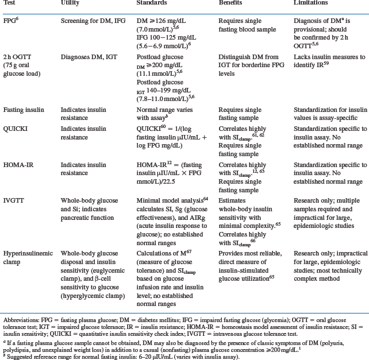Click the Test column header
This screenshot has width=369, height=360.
tap(10, 3)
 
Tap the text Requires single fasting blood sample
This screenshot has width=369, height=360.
tap(248, 22)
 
